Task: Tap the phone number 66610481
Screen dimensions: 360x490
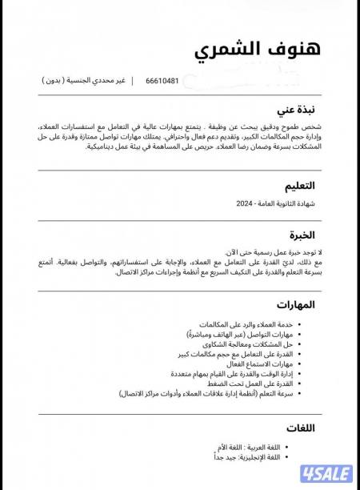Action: [x=162, y=81]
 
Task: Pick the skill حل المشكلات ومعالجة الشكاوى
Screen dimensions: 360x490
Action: [x=262, y=342]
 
